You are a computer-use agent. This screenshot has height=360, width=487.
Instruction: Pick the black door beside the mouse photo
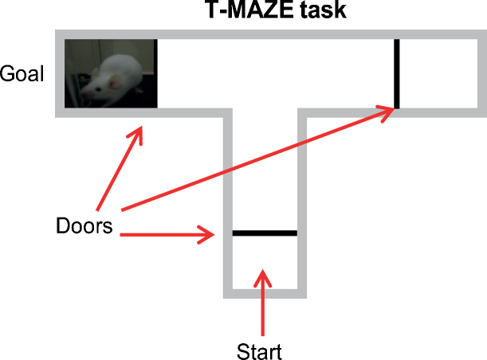[x=156, y=72]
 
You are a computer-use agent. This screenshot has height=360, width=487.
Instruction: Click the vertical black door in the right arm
[x=396, y=72]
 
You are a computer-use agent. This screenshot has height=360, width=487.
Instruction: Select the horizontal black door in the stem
[x=264, y=233]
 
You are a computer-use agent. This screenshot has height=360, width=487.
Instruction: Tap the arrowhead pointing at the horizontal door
[x=210, y=234]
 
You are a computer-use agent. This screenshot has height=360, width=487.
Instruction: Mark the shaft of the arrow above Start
[x=262, y=311]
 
